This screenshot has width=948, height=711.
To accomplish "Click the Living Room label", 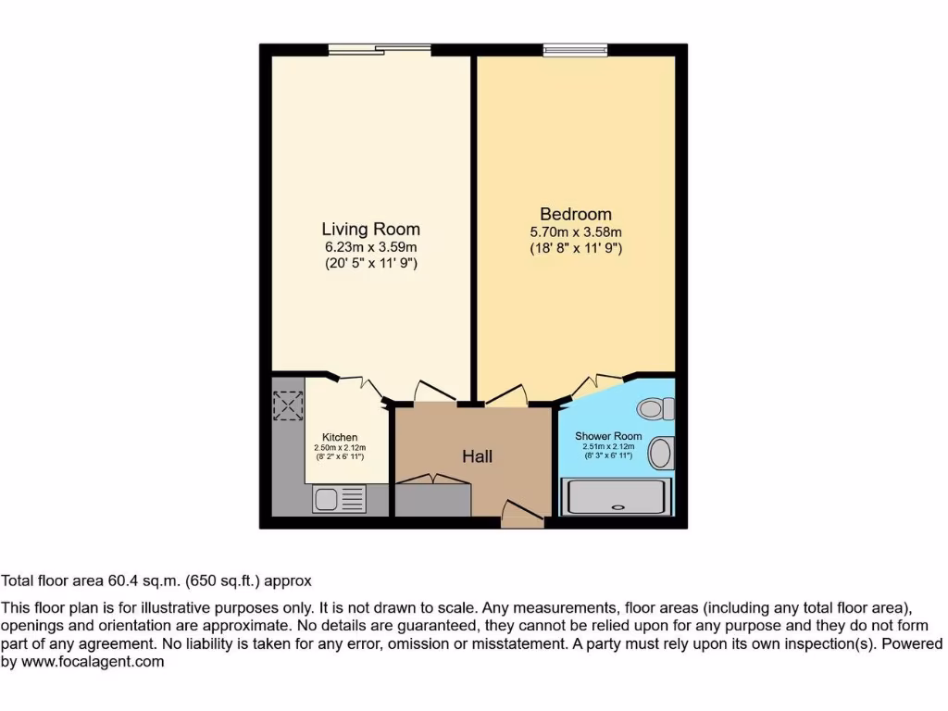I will (370, 229).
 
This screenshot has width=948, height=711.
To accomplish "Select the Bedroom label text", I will (576, 214).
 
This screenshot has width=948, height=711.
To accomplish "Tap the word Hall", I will (477, 456).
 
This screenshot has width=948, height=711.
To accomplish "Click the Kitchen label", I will (340, 437).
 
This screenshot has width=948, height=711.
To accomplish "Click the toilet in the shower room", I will (658, 407).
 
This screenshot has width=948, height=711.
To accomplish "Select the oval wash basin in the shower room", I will (661, 454).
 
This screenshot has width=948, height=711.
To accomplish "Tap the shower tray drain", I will (617, 506).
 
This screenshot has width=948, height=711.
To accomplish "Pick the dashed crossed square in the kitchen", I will (288, 405).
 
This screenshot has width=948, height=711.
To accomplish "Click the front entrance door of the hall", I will (521, 514).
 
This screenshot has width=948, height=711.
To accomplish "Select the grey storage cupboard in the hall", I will (431, 498).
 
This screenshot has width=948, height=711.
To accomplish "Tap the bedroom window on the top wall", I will (575, 49).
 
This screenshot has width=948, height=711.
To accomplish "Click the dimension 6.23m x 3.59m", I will (370, 247).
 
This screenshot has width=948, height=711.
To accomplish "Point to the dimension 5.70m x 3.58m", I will (576, 232).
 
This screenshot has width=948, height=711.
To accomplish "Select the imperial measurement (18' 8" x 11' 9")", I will (576, 248).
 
